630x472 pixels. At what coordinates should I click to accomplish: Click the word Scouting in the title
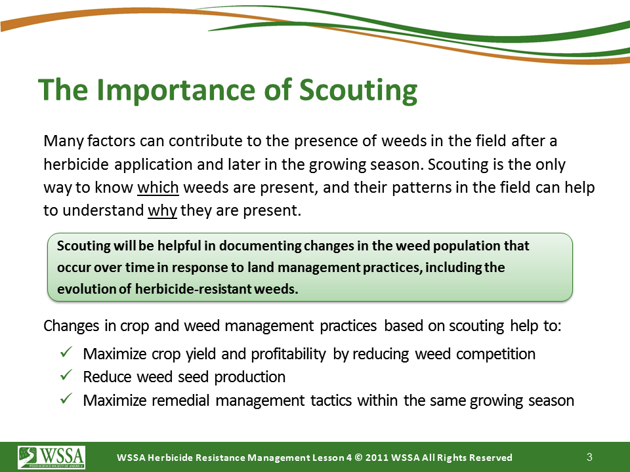coord(358,90)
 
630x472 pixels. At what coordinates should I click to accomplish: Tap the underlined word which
coord(158,187)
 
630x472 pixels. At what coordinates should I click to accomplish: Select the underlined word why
coord(162,210)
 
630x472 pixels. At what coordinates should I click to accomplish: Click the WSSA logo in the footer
coord(51,457)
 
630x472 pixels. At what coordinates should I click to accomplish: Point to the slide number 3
coord(589,457)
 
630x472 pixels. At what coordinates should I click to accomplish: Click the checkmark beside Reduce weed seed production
coord(66,375)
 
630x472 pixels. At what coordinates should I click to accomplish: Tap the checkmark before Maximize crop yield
coord(66,353)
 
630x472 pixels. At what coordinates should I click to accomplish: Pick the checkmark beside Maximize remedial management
coord(66,399)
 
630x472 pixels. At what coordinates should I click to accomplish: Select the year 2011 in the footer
coord(377,458)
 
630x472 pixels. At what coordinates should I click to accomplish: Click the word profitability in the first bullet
coord(288,354)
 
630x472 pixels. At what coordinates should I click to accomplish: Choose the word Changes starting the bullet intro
coord(71,326)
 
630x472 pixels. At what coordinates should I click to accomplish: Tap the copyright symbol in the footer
coord(359,458)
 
